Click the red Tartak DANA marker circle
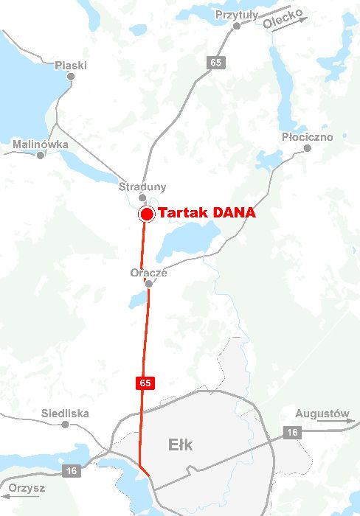pyautogui.click(x=146, y=215)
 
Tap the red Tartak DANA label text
pyautogui.click(x=207, y=213)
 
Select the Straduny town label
pyautogui.click(x=142, y=187)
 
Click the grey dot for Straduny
pyautogui.click(x=142, y=198)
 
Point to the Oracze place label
pyautogui.click(x=149, y=272)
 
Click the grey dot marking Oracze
pyautogui.click(x=149, y=283)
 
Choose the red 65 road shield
pyautogui.click(x=145, y=383)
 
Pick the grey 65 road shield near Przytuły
pyautogui.click(x=215, y=63)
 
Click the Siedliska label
pyautogui.click(x=66, y=414)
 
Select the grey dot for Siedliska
pyautogui.click(x=65, y=425)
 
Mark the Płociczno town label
pyautogui.click(x=308, y=137)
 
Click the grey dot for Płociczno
pyautogui.click(x=308, y=148)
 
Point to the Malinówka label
pyautogui.click(x=41, y=144)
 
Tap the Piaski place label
pyautogui.click(x=71, y=66)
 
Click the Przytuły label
pyautogui.click(x=237, y=15)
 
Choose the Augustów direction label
pyautogui.click(x=322, y=414)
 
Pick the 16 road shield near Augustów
pyautogui.click(x=291, y=433)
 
